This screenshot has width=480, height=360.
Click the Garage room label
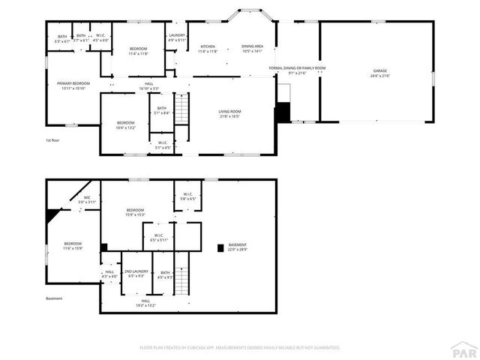coord(379,73)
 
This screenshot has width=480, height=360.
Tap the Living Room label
coord(229,114)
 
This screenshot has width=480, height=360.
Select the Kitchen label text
coord(207,49)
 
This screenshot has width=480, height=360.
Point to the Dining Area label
coord(252,49)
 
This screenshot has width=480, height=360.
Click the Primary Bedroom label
coord(73,85)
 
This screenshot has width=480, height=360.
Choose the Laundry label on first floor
coord(177,37)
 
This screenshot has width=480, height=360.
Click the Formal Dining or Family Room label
coord(298,70)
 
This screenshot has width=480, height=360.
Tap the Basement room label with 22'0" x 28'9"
coord(238,247)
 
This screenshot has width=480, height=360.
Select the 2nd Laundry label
coord(135,273)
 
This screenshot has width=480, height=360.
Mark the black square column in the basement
coord(220,246)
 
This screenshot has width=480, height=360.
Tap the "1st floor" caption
coord(52,140)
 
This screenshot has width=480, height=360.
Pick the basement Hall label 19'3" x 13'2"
coord(145,303)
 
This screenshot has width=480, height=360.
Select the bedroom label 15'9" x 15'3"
coord(135,212)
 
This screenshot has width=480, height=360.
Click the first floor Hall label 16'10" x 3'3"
coord(148,85)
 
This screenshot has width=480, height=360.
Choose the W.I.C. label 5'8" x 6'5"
coord(187,197)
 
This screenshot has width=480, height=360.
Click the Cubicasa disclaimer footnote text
coord(240,347)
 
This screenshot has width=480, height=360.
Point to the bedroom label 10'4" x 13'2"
coord(125,124)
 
